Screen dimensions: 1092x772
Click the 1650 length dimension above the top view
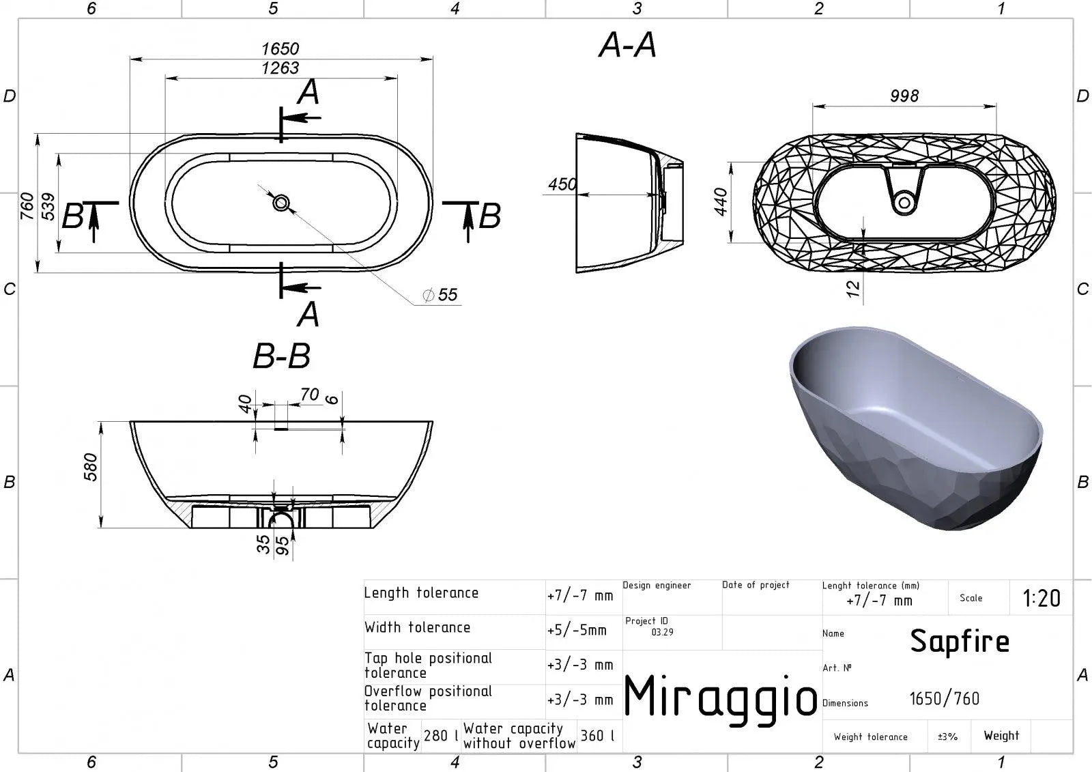click(x=281, y=48)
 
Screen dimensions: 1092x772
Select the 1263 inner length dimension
click(x=281, y=68)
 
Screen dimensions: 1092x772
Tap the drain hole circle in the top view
click(x=281, y=203)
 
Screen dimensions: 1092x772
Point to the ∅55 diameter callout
click(x=440, y=295)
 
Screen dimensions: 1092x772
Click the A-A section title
click(x=627, y=45)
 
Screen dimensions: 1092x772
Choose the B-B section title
click(x=281, y=356)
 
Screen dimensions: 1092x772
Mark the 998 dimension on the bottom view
click(x=904, y=96)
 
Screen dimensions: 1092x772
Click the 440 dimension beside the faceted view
click(x=721, y=202)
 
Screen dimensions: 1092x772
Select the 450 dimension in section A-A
click(x=562, y=184)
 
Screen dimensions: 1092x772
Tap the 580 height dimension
click(x=91, y=467)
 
